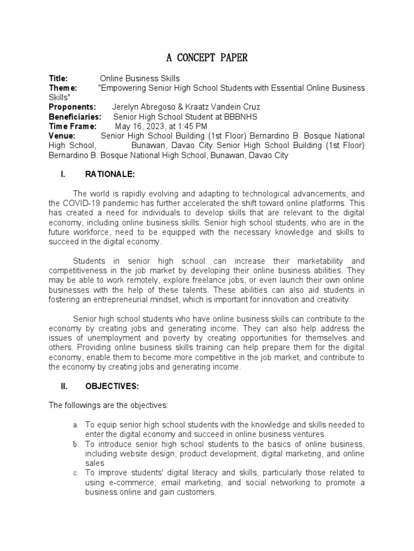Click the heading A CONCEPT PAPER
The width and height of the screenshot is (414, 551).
(x=206, y=58)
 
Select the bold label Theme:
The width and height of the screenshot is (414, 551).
(x=63, y=88)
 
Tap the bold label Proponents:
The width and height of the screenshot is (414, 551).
(x=72, y=107)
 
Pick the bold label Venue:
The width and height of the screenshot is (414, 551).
(x=62, y=136)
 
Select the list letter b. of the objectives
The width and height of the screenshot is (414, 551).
(x=76, y=444)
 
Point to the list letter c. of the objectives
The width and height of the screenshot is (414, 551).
(x=76, y=474)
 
